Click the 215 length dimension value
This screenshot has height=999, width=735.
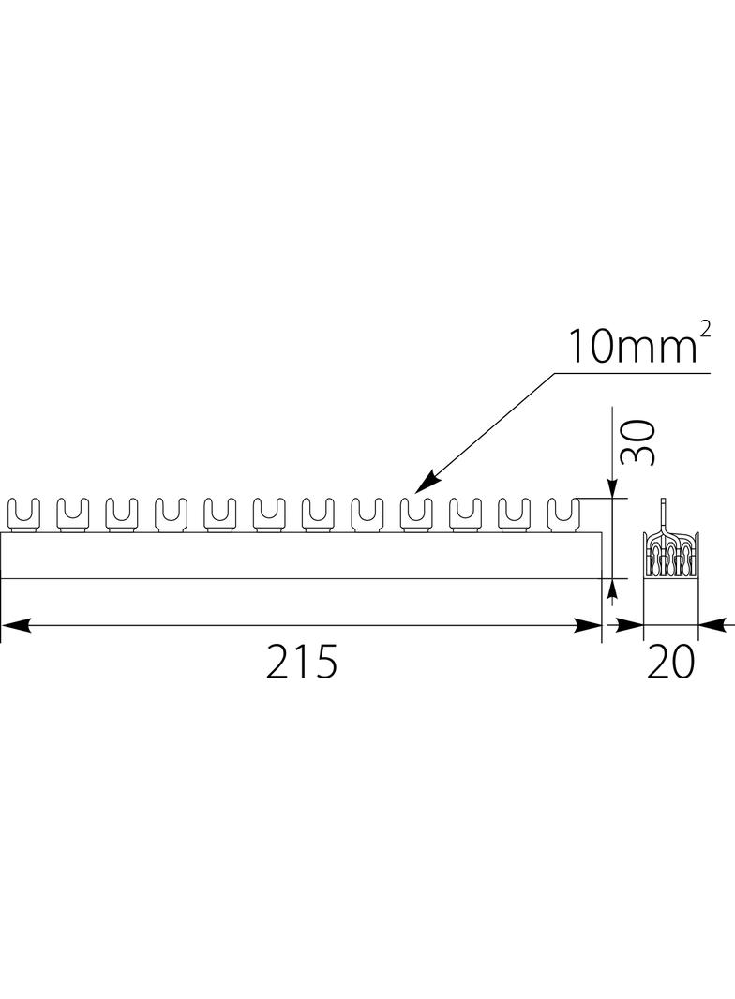(x=301, y=663)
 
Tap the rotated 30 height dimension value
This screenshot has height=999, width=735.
(x=638, y=442)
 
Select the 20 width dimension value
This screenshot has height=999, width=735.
(x=671, y=663)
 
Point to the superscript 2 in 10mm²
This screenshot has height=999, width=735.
(x=704, y=330)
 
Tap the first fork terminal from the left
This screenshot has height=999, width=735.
(x=23, y=514)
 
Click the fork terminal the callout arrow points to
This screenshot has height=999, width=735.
(x=415, y=514)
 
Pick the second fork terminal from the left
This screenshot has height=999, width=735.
(x=72, y=514)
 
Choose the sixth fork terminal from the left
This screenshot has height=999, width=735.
(x=268, y=514)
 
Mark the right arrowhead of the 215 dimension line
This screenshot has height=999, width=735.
(x=592, y=623)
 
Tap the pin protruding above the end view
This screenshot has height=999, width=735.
(x=663, y=512)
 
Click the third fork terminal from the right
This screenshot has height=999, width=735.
(x=464, y=514)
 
